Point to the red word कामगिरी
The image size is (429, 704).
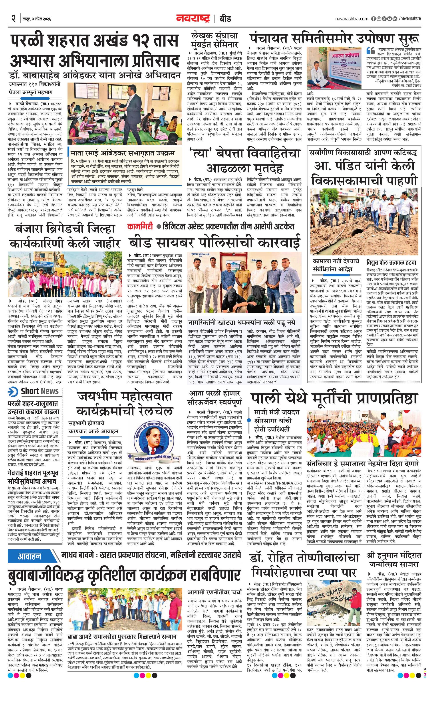[140, 226]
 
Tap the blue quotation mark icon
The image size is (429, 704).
[370, 51]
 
